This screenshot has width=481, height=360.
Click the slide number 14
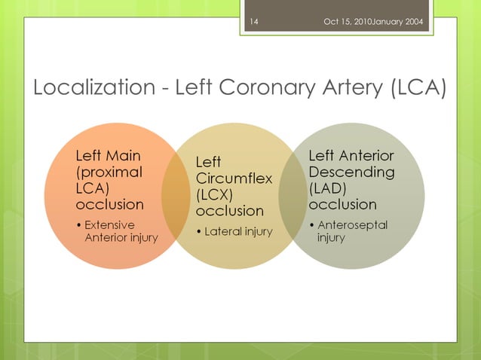coord(253,21)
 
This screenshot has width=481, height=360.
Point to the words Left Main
coord(109,156)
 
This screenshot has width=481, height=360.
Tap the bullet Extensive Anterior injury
coord(117,231)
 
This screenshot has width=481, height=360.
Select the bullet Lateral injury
coord(234,231)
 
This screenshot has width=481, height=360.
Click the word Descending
coord(351,172)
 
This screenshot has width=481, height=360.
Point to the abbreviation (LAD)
coord(329,188)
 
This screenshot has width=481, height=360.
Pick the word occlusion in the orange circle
coord(109,204)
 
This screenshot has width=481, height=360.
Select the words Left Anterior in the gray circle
coord(351,156)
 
